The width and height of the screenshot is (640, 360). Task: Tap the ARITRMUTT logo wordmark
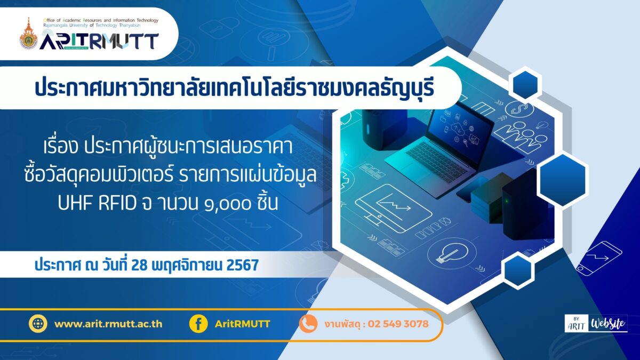pos(99,41)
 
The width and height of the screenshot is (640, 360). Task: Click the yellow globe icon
pos(38,323)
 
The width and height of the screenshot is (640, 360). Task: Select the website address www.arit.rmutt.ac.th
pos(108,324)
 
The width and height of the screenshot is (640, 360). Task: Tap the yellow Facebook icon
pos(198,323)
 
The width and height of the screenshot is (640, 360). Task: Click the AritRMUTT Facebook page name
pos(242,324)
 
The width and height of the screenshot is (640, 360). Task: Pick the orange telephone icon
pos(308,323)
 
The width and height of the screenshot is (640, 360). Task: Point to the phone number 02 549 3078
pos(398,324)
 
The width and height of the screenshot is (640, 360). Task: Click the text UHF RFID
pos(97,203)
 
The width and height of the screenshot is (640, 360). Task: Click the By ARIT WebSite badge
pos(596,323)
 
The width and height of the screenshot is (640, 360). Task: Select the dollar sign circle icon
pos(519,110)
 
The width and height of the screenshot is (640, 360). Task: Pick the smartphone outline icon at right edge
pos(599,259)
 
